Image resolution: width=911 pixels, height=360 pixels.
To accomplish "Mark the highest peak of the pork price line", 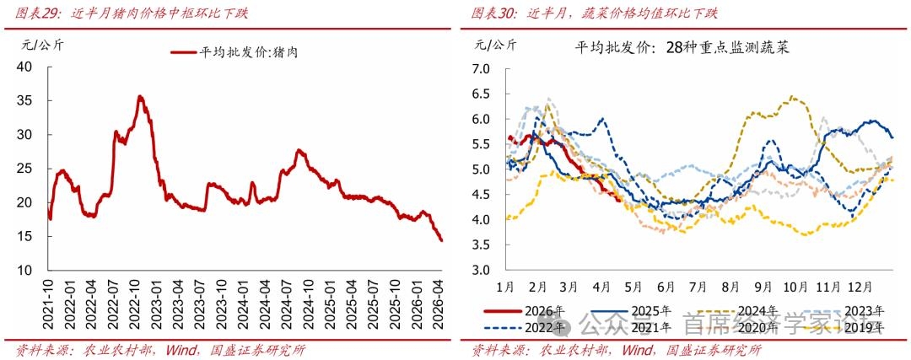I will [140, 97].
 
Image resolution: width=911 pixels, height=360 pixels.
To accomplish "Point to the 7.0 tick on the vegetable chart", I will [480, 69].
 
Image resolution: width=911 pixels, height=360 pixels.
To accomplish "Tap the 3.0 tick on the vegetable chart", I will [480, 270].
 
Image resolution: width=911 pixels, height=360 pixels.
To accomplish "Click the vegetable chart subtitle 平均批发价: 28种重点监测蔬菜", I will [682, 48].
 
